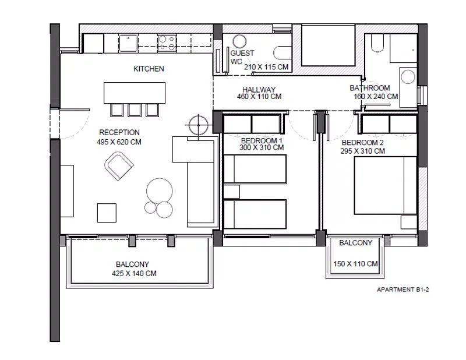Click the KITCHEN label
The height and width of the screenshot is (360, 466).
pyautogui.click(x=149, y=69)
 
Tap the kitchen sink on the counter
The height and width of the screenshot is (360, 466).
pyautogui.click(x=128, y=43)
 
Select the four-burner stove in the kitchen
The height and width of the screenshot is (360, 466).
pyautogui.click(x=167, y=43)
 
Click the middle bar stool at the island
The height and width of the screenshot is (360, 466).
pyautogui.click(x=135, y=110)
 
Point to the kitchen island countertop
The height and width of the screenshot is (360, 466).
pyautogui.click(x=135, y=93)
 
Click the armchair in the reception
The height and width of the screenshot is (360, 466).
pyautogui.click(x=119, y=166)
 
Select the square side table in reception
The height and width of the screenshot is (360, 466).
pyautogui.click(x=107, y=213)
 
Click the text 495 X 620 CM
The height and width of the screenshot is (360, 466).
pyautogui.click(x=119, y=142)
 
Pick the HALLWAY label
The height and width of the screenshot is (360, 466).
pyautogui.click(x=259, y=90)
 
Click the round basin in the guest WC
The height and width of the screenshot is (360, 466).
pyautogui.click(x=239, y=41)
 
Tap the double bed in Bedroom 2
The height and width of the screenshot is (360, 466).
pyautogui.click(x=386, y=185)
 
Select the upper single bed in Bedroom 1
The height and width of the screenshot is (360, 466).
pyautogui.click(x=255, y=168)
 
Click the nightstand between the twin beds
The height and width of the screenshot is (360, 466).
pyautogui.click(x=231, y=192)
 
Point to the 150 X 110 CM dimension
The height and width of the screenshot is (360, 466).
pyautogui.click(x=355, y=264)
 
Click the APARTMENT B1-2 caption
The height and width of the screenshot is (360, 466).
pyautogui.click(x=403, y=290)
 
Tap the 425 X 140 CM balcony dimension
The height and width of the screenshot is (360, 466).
pyautogui.click(x=134, y=273)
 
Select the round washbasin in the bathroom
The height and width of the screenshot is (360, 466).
pyautogui.click(x=408, y=77)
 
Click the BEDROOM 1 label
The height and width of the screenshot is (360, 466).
pyautogui.click(x=262, y=140)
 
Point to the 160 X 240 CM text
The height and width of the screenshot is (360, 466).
pyautogui.click(x=376, y=97)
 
